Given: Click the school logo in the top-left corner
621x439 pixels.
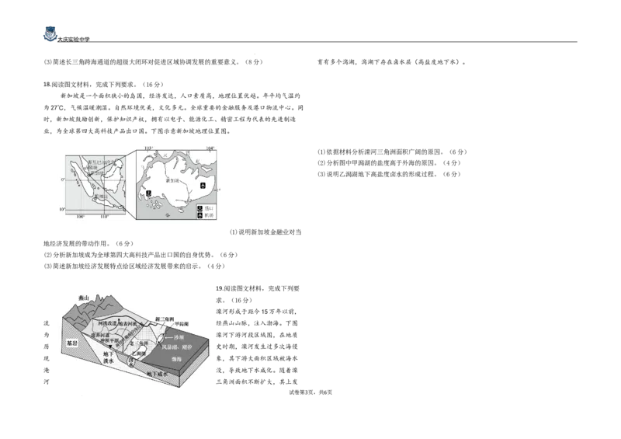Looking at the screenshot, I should pos(48,34).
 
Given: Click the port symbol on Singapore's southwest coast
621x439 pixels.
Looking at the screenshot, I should pos(148,191).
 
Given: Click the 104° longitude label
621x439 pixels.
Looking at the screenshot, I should pos(210,147).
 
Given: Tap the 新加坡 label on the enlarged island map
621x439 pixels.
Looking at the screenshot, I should pos(172,180).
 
